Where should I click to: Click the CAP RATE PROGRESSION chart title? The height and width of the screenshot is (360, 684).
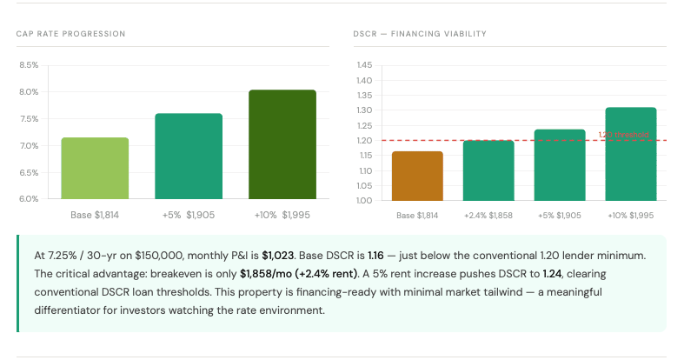tap(70, 34)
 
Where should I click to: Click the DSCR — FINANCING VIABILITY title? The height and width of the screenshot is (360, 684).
tap(419, 34)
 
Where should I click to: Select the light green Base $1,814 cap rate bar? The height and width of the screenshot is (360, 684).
tap(95, 168)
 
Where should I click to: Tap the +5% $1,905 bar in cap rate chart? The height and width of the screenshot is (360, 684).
tap(189, 157)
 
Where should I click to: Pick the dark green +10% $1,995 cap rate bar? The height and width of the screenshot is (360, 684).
tap(282, 144)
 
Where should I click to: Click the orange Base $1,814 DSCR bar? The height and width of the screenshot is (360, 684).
tap(417, 176)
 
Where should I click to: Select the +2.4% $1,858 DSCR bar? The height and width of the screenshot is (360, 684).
tap(488, 170)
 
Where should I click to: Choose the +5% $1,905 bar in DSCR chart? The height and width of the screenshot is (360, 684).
tap(559, 165)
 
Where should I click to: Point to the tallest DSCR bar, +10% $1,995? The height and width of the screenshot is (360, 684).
tap(630, 154)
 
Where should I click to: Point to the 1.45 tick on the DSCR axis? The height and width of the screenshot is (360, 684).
tap(364, 65)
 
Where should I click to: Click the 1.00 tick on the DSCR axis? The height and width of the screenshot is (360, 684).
tap(364, 201)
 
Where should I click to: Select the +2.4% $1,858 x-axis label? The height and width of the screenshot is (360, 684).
tap(488, 214)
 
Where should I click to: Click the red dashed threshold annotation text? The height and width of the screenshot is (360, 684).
tap(623, 135)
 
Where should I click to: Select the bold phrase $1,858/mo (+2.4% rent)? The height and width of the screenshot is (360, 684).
tap(298, 274)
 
